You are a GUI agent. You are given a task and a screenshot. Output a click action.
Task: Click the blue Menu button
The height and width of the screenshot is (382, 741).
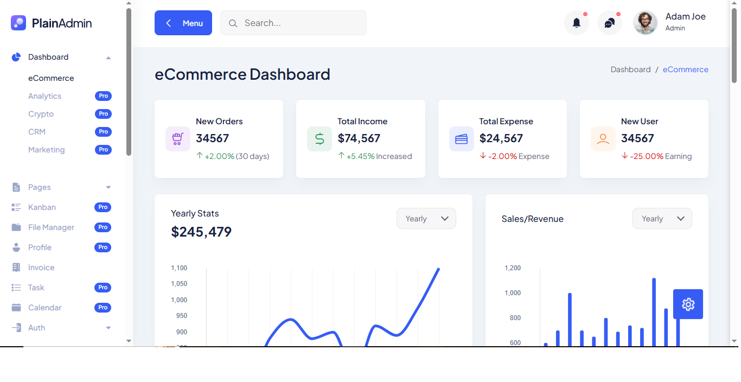coord(183,23)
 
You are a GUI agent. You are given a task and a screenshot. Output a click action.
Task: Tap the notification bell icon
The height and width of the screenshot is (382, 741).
coord(577,23)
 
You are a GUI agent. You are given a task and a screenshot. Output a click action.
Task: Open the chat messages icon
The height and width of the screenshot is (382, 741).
coord(610,23)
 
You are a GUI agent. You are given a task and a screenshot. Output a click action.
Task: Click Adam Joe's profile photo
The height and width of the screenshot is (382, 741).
coord(646,23)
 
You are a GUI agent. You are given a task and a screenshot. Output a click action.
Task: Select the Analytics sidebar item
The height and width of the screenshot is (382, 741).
coord(44,96)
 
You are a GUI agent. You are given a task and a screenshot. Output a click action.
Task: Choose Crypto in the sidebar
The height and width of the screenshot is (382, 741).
coord(41,114)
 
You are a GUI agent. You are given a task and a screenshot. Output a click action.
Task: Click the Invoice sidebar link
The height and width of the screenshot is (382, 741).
coord(41,268)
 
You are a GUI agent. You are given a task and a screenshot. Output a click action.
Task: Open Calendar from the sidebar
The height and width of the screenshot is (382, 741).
coord(44,308)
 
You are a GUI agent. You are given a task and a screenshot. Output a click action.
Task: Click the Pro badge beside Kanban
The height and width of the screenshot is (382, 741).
coord(103,207)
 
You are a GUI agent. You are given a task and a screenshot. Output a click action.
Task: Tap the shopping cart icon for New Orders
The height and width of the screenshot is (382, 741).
coord(178,139)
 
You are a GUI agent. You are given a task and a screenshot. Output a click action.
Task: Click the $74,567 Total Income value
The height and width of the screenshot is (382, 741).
coord(359,138)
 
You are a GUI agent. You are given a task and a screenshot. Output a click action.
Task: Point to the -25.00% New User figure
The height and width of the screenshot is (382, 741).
coord(647,156)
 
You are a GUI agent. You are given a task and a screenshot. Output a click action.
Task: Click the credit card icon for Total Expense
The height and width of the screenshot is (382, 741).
coord(462,139)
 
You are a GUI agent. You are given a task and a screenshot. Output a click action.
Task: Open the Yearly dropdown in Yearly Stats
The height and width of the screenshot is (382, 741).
coord(426,219)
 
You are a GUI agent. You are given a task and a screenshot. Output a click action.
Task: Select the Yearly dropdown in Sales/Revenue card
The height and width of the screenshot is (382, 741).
coord(662,219)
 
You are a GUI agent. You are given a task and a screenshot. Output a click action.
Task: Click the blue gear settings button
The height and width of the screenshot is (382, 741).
coord(688,304)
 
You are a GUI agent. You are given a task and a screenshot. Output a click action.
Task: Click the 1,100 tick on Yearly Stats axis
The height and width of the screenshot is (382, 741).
coord(179,268)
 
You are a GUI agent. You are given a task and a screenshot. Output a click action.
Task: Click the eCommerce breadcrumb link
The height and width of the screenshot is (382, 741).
coord(686,69)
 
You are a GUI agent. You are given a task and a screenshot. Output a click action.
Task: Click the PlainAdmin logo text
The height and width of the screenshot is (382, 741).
coord(62,23)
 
